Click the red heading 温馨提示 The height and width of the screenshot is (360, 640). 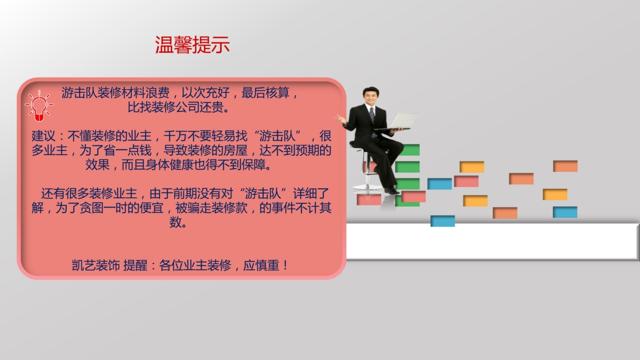coord(193,45)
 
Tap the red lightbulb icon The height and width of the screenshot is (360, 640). coord(39,106)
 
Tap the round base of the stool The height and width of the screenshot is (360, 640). coord(367,187)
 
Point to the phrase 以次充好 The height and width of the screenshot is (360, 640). coord(205,93)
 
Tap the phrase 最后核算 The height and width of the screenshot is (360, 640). coord(266,93)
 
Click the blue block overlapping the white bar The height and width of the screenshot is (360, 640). coord(443,221)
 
